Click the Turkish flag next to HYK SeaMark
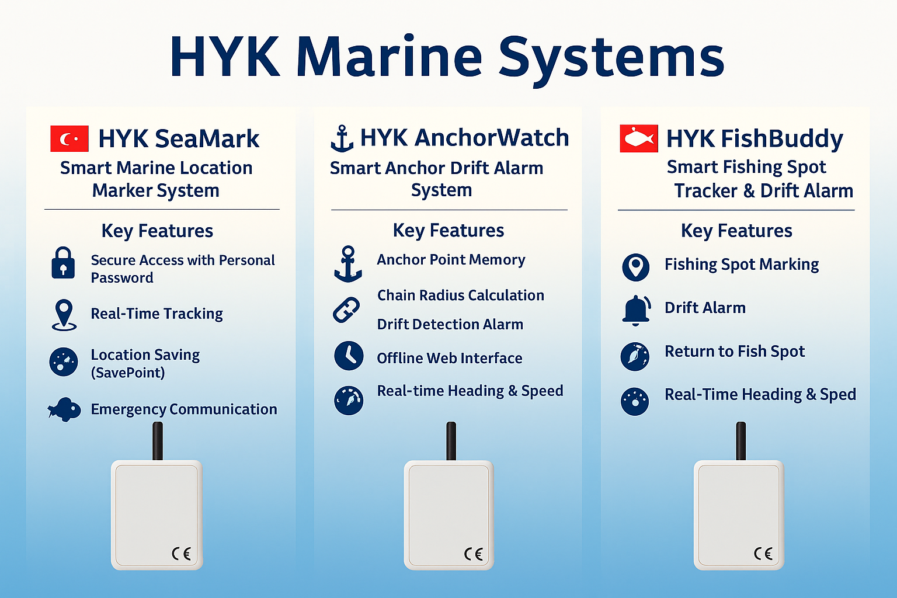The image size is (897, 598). (x=69, y=138)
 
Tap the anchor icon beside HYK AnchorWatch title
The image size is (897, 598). (x=342, y=138)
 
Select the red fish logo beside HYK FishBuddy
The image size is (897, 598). (x=639, y=138)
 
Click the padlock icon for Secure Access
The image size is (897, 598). (x=63, y=263)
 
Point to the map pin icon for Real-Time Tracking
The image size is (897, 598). (x=64, y=315)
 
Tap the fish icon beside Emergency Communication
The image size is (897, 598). (x=64, y=409)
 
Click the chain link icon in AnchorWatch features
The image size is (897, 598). (x=346, y=310)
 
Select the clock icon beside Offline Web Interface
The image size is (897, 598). (x=349, y=356)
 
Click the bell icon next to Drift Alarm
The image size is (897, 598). (x=637, y=310)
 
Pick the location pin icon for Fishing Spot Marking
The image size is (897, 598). (x=636, y=267)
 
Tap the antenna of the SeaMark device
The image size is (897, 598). (x=158, y=441)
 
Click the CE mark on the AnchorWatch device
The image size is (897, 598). (x=474, y=554)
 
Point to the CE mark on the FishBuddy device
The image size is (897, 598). (x=763, y=554)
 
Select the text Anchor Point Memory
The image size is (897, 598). (x=451, y=259)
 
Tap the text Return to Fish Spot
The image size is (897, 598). (x=735, y=352)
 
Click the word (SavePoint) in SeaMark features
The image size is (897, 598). (x=128, y=373)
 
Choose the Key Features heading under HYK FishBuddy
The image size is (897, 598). (x=736, y=231)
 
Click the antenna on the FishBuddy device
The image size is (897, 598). (x=741, y=441)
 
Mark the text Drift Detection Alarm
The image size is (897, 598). (x=450, y=325)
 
